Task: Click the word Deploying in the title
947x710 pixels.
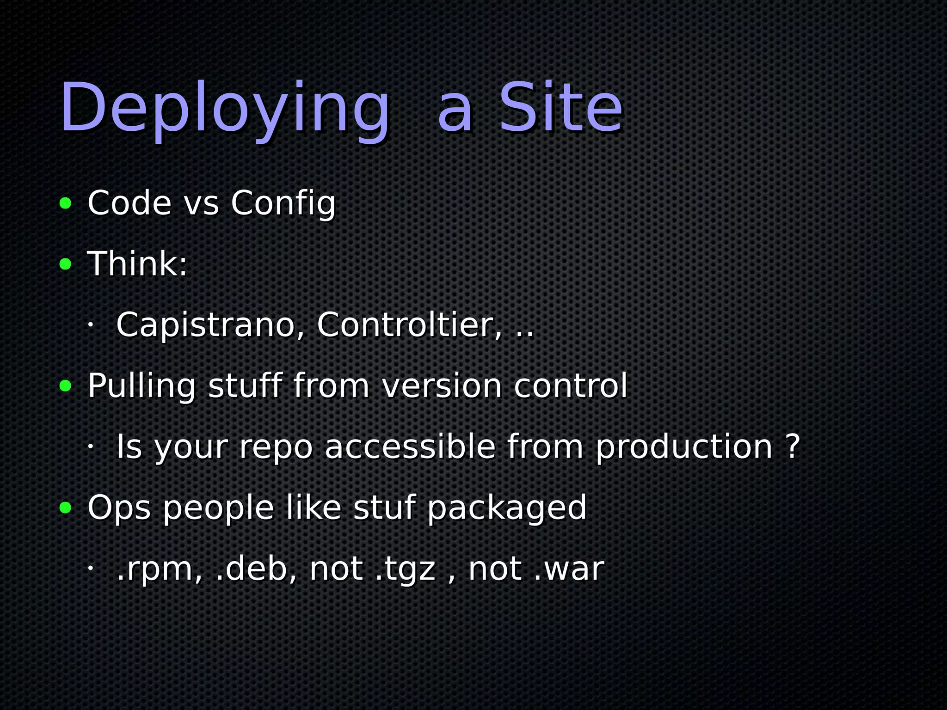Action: pyautogui.click(x=225, y=109)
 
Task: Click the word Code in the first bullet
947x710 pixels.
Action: pyautogui.click(x=129, y=203)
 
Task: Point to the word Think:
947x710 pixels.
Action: pyautogui.click(x=137, y=264)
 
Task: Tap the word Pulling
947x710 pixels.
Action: pyautogui.click(x=141, y=386)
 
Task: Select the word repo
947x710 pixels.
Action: pyautogui.click(x=276, y=447)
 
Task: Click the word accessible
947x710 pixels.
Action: pyautogui.click(x=410, y=447)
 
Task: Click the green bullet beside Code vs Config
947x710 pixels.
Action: pyautogui.click(x=66, y=203)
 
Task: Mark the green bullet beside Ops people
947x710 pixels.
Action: pyautogui.click(x=66, y=508)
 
